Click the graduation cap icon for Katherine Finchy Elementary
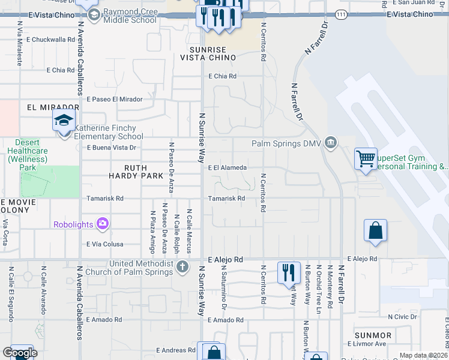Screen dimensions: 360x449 (x=64, y=121)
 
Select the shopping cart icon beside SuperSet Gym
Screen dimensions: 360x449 (x=366, y=159)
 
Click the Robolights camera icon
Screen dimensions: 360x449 (x=103, y=224)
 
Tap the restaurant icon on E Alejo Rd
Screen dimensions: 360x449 (x=289, y=272)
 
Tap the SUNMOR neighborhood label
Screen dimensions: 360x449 (x=373, y=335)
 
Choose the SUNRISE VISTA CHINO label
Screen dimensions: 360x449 (x=208, y=53)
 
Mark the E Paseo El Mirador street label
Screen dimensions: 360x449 (x=115, y=99)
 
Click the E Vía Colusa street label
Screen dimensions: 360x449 (x=105, y=244)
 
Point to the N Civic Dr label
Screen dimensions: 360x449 (x=406, y=316)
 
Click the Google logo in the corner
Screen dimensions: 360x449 (x=20, y=353)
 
